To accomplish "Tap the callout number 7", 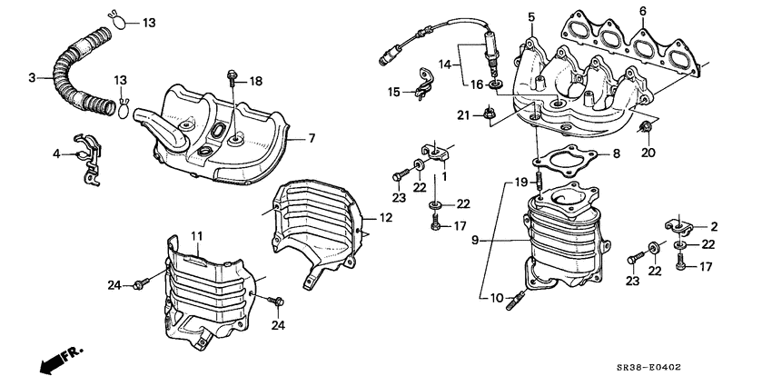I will [311, 138].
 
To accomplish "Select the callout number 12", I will [385, 217].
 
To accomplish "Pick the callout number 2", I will [714, 226].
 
